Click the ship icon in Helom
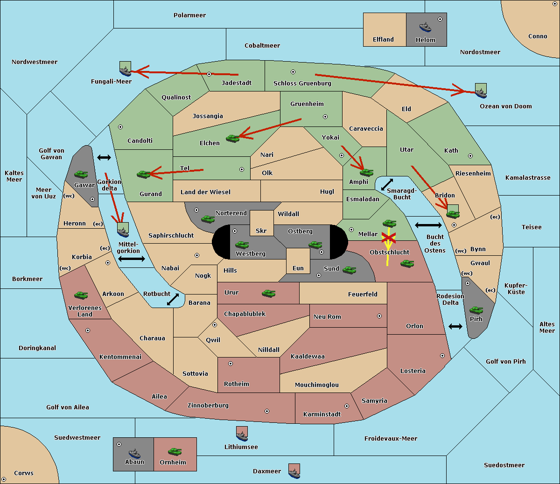click(x=425, y=27)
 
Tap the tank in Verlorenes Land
click(x=81, y=295)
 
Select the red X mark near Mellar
click(x=389, y=238)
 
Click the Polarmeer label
click(x=189, y=15)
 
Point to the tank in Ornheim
click(x=175, y=451)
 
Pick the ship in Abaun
click(x=134, y=453)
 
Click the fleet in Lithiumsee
click(x=242, y=434)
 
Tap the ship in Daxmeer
click(x=294, y=471)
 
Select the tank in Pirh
click(x=476, y=310)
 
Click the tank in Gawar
click(x=81, y=174)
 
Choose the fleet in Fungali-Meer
click(x=125, y=69)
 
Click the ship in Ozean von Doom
click(x=481, y=91)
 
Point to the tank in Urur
click(x=268, y=294)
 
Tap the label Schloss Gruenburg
click(x=302, y=83)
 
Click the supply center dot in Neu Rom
click(x=379, y=316)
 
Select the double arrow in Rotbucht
click(x=173, y=299)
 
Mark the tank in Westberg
click(x=242, y=245)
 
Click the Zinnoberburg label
click(x=208, y=406)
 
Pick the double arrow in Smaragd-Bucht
click(x=387, y=184)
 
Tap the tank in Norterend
click(x=208, y=219)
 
